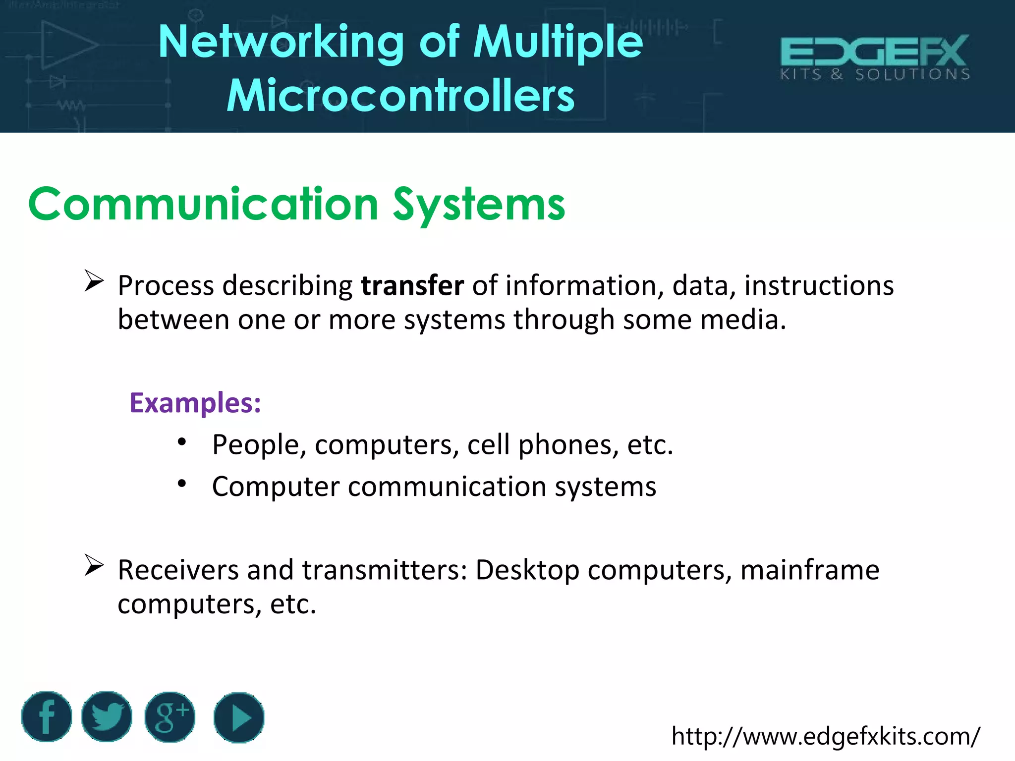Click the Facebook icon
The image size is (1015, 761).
click(x=47, y=716)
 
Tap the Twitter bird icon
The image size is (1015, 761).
click(x=107, y=716)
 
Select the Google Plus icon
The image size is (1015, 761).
click(x=170, y=717)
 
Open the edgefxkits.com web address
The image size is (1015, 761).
click(x=825, y=736)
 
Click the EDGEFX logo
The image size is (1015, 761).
click(x=875, y=57)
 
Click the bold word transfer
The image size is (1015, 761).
click(x=412, y=286)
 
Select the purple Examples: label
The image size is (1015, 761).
click(x=195, y=403)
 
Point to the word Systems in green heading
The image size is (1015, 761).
click(x=479, y=205)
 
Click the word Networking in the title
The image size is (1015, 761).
click(x=281, y=43)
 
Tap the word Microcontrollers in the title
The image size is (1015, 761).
click(x=400, y=96)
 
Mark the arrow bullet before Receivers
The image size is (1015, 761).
click(x=94, y=565)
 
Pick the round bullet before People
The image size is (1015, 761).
click(x=182, y=441)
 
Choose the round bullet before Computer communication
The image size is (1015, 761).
click(x=182, y=483)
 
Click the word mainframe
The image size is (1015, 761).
click(x=810, y=570)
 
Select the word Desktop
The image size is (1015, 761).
click(x=527, y=570)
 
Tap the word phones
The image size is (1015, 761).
click(x=568, y=444)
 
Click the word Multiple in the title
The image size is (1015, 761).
click(x=558, y=43)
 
